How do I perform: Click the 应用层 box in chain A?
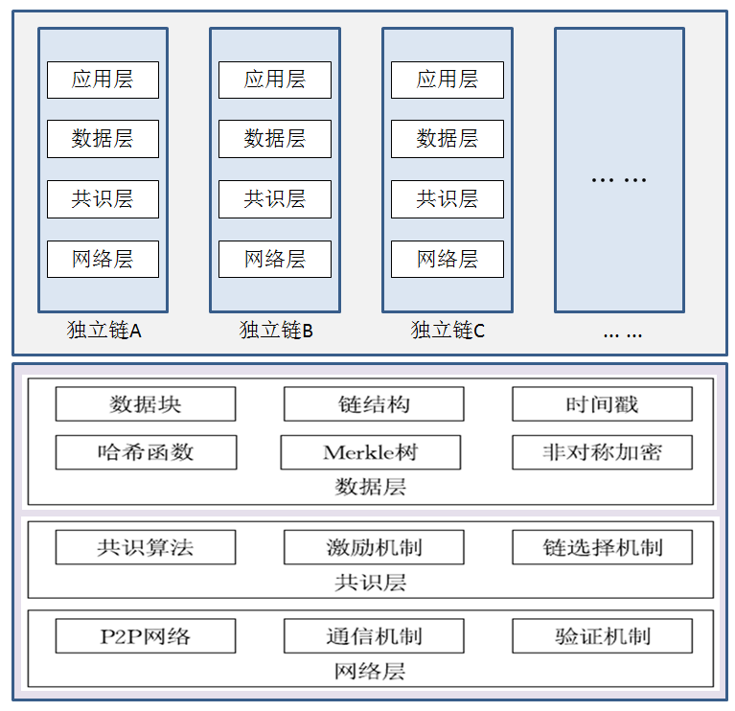tap(103, 80)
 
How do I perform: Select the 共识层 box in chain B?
tap(275, 199)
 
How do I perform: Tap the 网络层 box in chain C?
tap(448, 259)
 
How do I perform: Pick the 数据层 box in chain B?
tap(275, 139)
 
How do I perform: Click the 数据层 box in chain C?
tap(448, 139)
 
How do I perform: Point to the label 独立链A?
tap(103, 331)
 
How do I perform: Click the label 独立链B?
tap(276, 331)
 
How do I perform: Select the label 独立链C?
tap(448, 331)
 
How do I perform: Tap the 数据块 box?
tap(146, 404)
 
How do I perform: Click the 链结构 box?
tap(374, 404)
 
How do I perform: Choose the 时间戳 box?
tap(602, 404)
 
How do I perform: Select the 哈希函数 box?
tap(146, 452)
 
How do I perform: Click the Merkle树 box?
tap(371, 452)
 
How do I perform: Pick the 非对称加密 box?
tap(602, 452)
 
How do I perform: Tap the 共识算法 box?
tap(146, 548)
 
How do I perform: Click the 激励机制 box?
tap(374, 548)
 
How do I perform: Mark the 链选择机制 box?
tap(602, 548)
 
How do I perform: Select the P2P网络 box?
tap(146, 636)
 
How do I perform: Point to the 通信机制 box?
tap(374, 636)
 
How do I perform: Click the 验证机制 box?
tap(602, 636)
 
